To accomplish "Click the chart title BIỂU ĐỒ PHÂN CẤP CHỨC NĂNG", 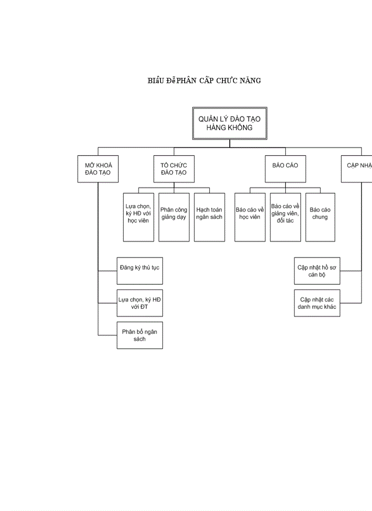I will pos(204,81).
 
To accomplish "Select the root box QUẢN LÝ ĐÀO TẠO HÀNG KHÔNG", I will pos(229,123).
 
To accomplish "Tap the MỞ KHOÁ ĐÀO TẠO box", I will pos(98,169).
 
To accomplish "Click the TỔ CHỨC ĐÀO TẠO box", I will pos(174,169).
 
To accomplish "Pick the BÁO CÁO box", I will pos(285,169).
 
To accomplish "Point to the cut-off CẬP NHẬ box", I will pos(358,169).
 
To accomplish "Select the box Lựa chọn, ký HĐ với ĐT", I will pos(139,303).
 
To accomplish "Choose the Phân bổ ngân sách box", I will pos(139,335).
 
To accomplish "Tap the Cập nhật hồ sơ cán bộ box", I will pos(317,271).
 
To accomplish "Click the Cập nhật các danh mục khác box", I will pos(317,303).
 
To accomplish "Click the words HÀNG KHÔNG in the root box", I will pos(229,128).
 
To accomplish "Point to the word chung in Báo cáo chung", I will pos(320,218).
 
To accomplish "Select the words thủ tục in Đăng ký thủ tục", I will pos(150,268).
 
